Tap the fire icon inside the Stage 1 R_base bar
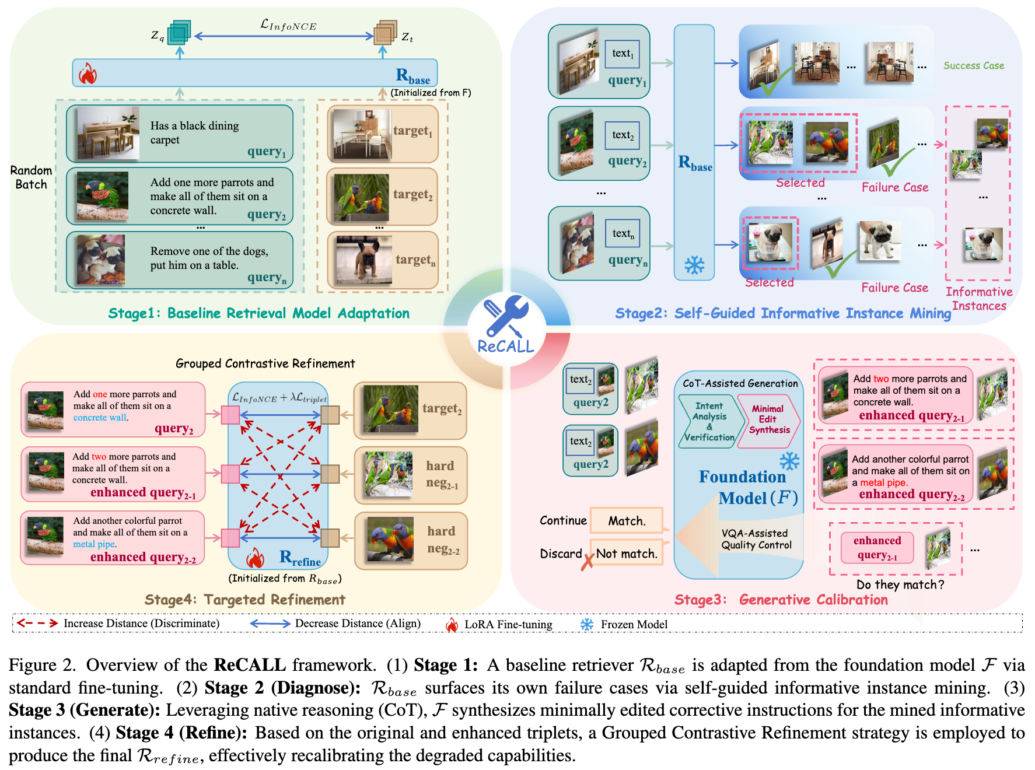(88, 73)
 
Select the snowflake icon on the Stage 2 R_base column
(694, 265)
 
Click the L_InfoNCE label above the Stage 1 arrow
(288, 25)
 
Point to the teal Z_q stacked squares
(179, 33)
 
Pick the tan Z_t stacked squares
(385, 33)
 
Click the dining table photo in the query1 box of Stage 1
(108, 133)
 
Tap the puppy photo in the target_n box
(363, 260)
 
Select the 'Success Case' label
(974, 66)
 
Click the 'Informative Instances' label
(979, 299)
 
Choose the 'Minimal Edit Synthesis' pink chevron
(769, 420)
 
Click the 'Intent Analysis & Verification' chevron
(709, 421)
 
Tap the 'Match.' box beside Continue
(627, 521)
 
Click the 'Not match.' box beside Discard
(627, 554)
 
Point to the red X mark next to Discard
(588, 561)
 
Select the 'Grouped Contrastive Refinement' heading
(265, 363)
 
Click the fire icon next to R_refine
(255, 559)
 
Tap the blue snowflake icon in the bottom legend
(586, 624)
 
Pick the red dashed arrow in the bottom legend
(37, 623)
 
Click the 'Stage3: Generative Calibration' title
(781, 600)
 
